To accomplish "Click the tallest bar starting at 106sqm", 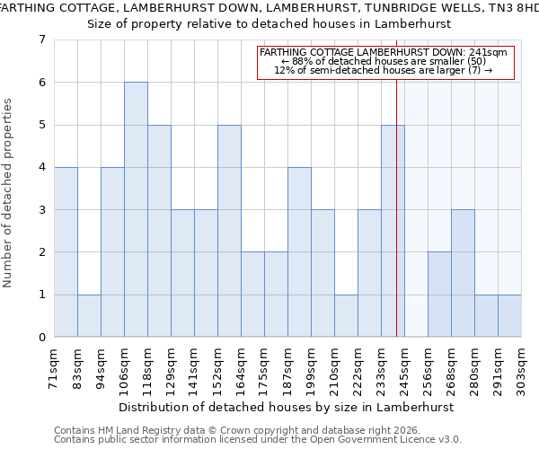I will coord(136,209).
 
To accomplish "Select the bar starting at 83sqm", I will coord(89,315).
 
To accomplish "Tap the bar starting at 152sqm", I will coord(229,231).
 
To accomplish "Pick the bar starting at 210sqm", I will coord(346,315).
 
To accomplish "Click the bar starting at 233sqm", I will coord(393,231).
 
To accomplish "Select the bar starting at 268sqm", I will coord(463,273).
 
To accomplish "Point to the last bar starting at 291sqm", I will coord(509,315).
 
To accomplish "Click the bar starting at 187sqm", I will coord(299,251).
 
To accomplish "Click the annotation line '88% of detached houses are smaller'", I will coord(384,61).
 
